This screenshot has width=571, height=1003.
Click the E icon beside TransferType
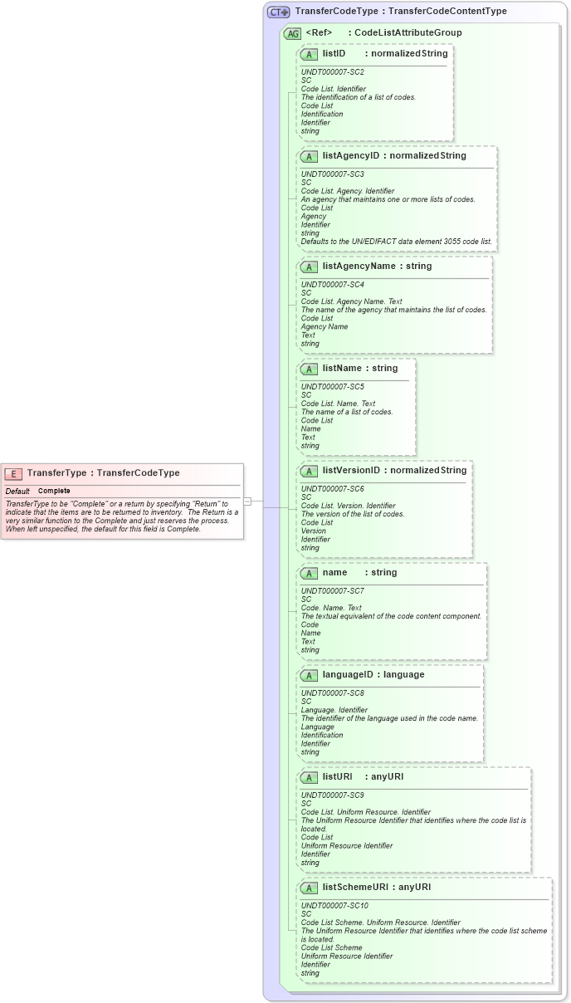click(x=13, y=473)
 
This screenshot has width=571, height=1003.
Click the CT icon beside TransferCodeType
click(x=278, y=12)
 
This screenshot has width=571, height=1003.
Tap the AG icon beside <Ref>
click(x=292, y=33)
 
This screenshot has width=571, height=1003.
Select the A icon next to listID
click(x=309, y=54)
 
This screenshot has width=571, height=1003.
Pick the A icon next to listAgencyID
click(x=309, y=156)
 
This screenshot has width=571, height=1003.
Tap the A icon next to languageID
click(x=309, y=675)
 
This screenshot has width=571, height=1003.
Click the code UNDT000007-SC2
click(x=332, y=72)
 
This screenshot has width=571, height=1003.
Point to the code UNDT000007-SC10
click(x=334, y=905)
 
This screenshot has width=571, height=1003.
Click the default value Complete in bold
click(x=54, y=491)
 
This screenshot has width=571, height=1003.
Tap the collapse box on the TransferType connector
click(x=247, y=502)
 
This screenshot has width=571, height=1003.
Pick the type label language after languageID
click(x=403, y=674)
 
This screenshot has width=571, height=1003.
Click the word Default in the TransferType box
click(x=17, y=491)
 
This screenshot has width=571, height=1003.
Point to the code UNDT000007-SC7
click(x=332, y=590)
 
